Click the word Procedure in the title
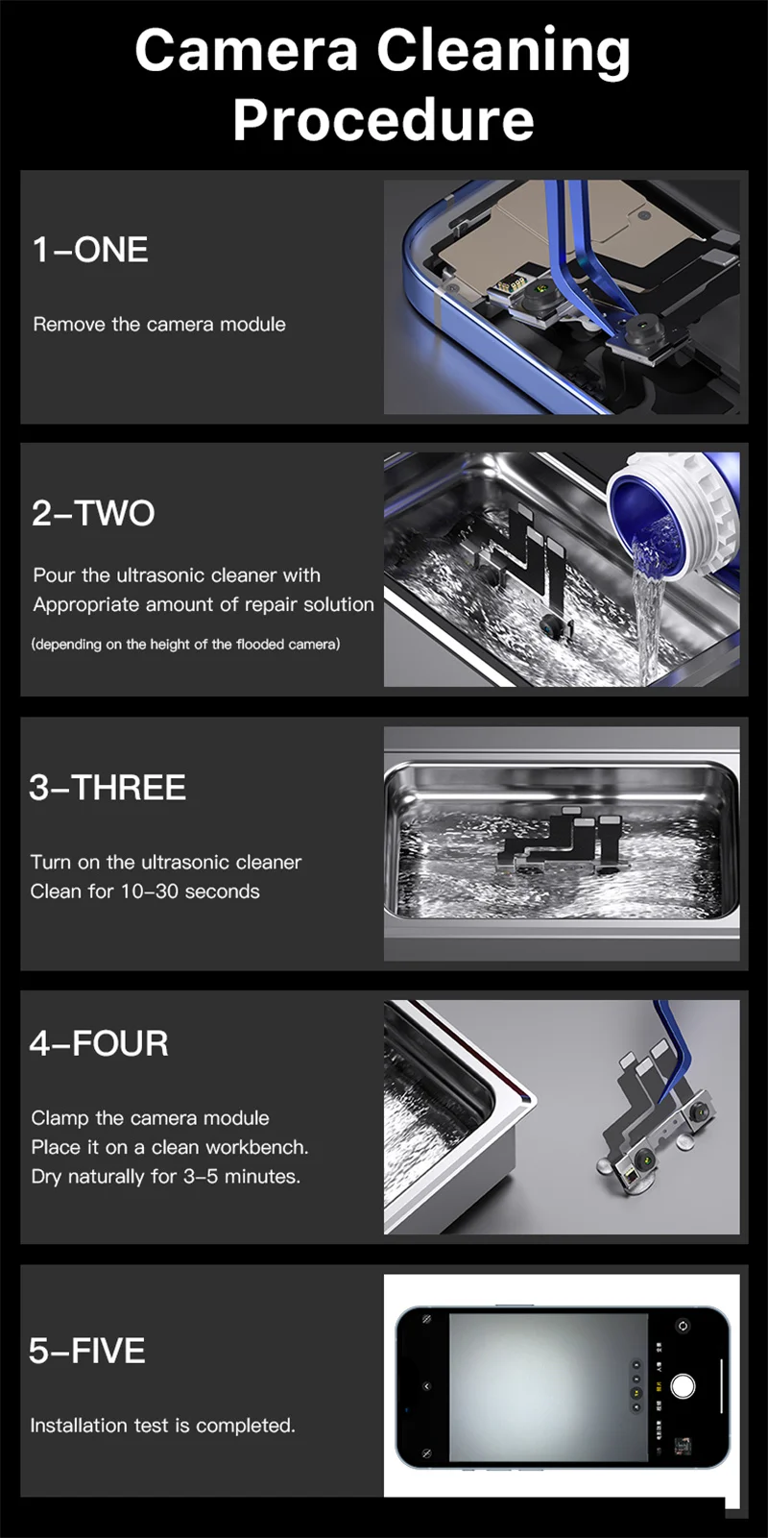[383, 119]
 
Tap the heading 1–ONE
[90, 250]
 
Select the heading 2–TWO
[93, 513]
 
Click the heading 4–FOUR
[99, 1043]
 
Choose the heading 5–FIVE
[87, 1351]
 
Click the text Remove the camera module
[159, 324]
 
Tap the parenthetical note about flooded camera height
[185, 644]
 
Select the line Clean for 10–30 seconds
[145, 891]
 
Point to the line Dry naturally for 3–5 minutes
[165, 1176]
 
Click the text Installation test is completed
[162, 1426]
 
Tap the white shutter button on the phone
[683, 1385]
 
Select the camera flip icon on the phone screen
[683, 1325]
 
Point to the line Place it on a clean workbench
[170, 1147]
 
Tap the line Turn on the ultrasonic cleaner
[165, 862]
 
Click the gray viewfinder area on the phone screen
[548, 1387]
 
